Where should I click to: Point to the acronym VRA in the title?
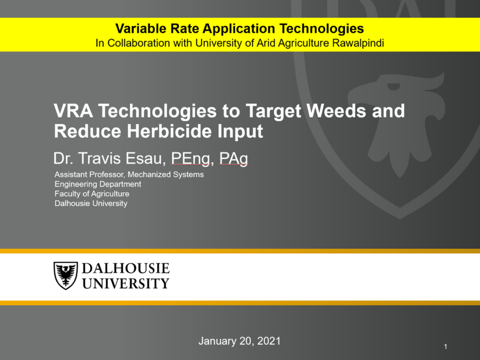pos(74,111)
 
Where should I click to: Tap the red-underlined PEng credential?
pos(190,159)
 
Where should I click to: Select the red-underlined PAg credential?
pos(233,159)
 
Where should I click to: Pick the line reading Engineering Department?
pos(98,184)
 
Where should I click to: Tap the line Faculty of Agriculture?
pos(92,194)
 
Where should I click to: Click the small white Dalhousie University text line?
pos(91,203)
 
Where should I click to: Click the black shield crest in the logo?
pos(66,276)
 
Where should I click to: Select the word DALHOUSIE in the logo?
pos(126,269)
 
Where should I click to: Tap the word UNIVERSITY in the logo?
pos(126,284)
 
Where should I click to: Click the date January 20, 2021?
pos(240,341)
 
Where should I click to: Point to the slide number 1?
pos(446,347)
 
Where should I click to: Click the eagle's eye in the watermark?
pos(393,87)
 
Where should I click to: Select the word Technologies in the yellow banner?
pos(322,29)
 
